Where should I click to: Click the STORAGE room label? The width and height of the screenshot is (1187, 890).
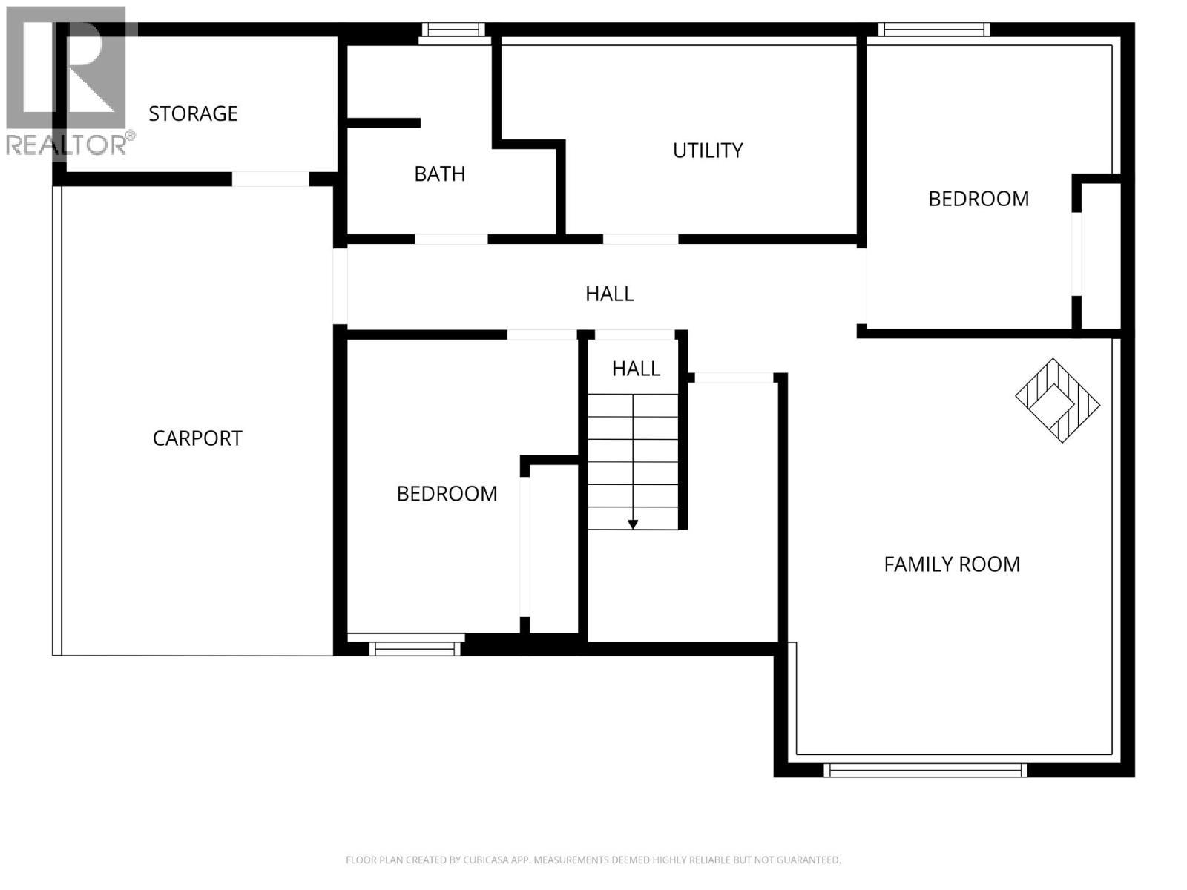pyautogui.click(x=193, y=113)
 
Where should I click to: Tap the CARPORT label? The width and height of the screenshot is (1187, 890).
pyautogui.click(x=197, y=438)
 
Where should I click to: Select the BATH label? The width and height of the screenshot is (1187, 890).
pyautogui.click(x=440, y=174)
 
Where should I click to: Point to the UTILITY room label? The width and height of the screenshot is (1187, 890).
pyautogui.click(x=708, y=151)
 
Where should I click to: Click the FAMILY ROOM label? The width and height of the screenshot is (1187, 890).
pyautogui.click(x=952, y=564)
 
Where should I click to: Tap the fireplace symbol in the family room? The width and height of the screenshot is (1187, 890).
pyautogui.click(x=1057, y=401)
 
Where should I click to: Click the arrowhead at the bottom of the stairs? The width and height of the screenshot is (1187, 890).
pyautogui.click(x=633, y=524)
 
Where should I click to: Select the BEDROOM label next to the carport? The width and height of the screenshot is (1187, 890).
pyautogui.click(x=447, y=494)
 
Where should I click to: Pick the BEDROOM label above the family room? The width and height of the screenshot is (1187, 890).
pyautogui.click(x=979, y=199)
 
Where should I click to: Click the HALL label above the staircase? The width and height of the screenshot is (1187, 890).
pyautogui.click(x=636, y=369)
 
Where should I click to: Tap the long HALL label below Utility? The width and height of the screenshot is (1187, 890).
pyautogui.click(x=609, y=294)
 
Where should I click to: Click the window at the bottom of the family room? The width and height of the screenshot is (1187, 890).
pyautogui.click(x=925, y=770)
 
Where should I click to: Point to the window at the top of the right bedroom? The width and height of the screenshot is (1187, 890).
pyautogui.click(x=934, y=30)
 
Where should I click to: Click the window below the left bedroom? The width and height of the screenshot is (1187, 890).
pyautogui.click(x=415, y=648)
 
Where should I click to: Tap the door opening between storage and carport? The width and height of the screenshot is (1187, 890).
pyautogui.click(x=270, y=179)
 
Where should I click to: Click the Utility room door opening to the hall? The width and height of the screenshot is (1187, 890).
pyautogui.click(x=640, y=240)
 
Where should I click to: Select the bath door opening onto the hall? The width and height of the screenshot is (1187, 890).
pyautogui.click(x=451, y=240)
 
